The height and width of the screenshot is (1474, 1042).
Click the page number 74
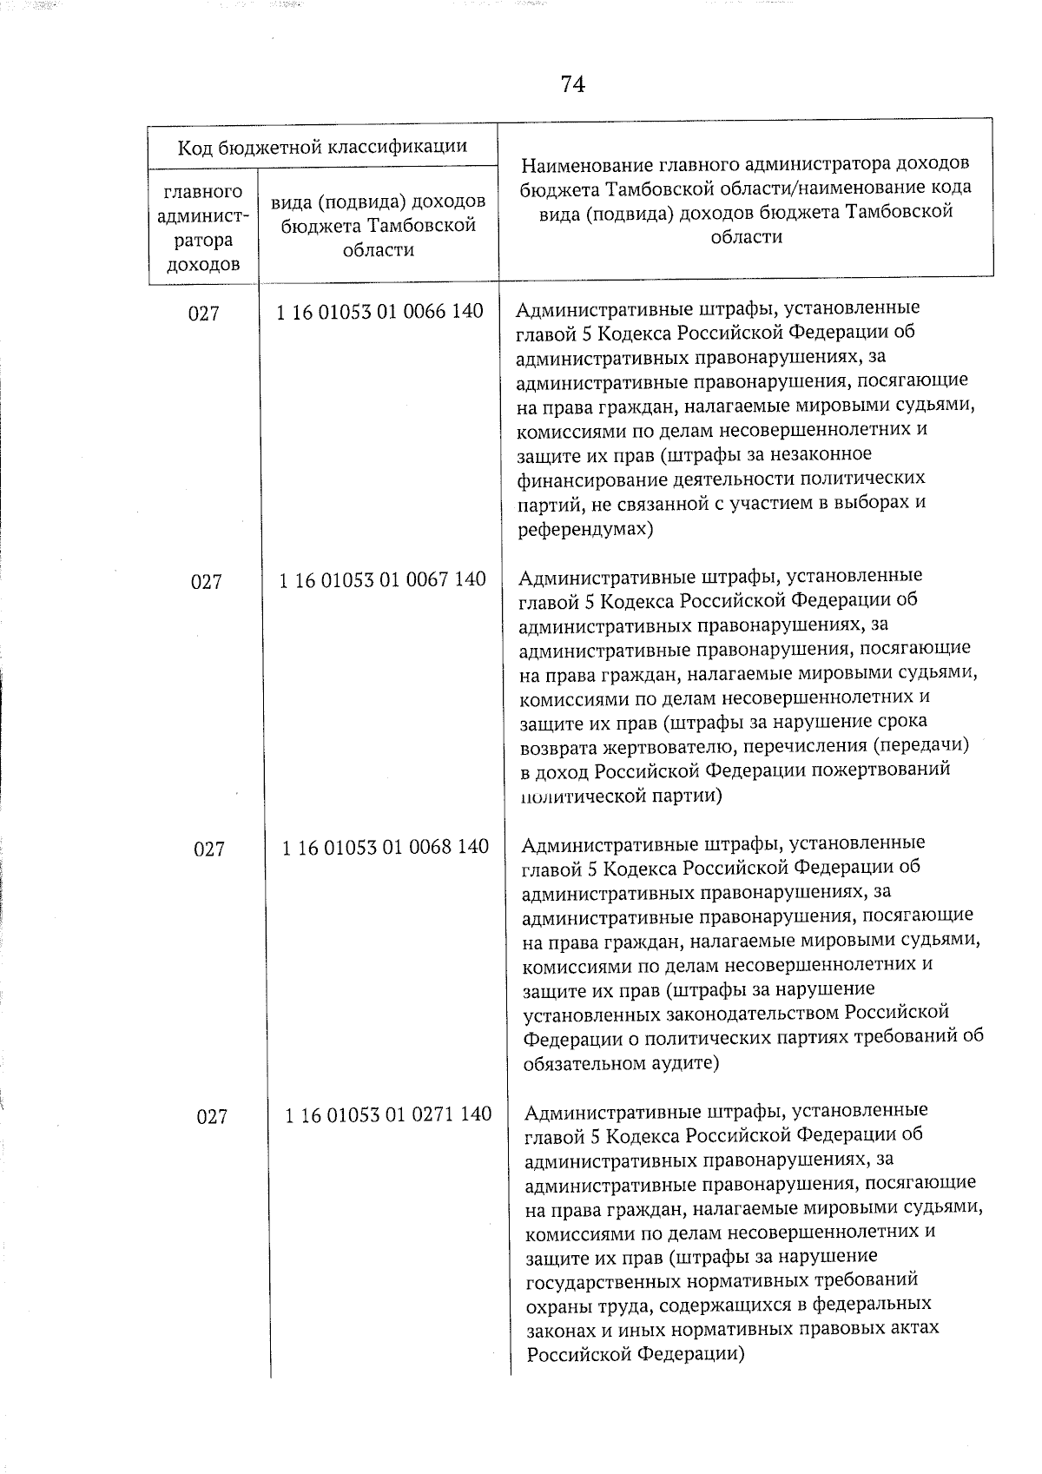(x=572, y=84)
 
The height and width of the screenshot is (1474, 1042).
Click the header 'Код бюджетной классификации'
(x=322, y=147)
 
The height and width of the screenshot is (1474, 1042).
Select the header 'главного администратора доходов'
(x=202, y=228)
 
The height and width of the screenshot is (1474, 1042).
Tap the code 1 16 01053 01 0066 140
(x=379, y=311)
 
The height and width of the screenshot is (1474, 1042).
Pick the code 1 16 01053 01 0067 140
(x=382, y=579)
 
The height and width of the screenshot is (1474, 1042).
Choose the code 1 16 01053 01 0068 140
(x=385, y=847)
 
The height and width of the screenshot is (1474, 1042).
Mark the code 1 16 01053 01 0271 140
(x=388, y=1114)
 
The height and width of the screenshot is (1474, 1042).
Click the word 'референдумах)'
(x=585, y=527)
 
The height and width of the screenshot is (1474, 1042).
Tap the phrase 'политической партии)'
(x=621, y=795)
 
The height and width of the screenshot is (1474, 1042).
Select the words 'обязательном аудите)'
(x=621, y=1062)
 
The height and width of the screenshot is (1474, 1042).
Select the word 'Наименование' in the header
(x=587, y=164)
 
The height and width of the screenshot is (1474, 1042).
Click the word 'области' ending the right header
(x=746, y=236)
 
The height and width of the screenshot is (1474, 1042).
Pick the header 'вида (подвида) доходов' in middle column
(x=378, y=202)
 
